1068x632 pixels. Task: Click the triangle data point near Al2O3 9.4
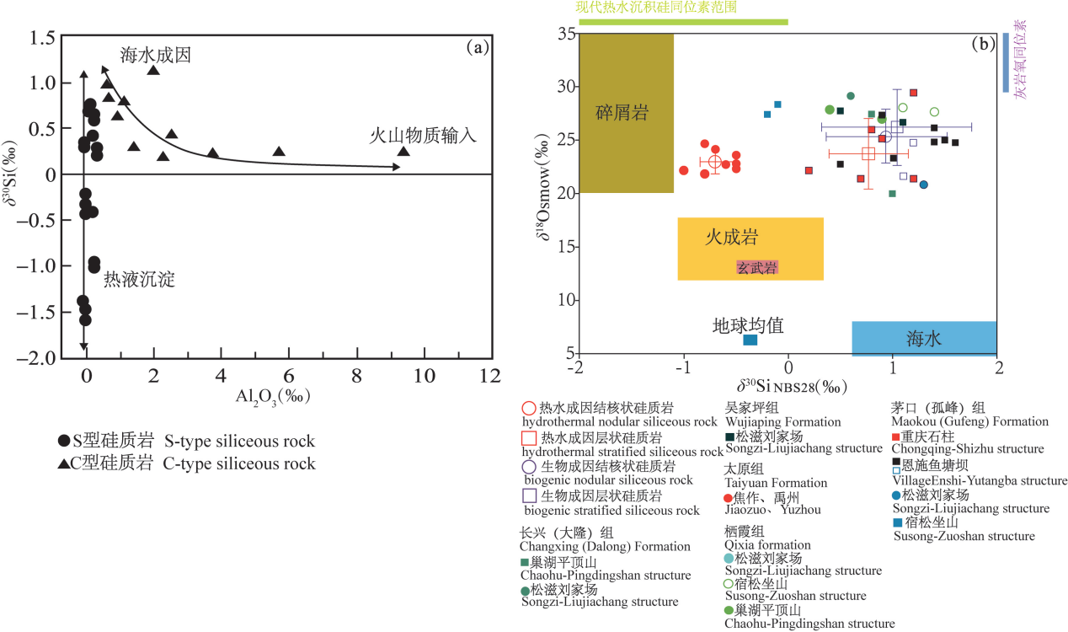[x=403, y=152]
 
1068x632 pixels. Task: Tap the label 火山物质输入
[x=423, y=135]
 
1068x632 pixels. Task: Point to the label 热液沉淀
[x=139, y=280]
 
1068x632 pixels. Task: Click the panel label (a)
[x=478, y=47]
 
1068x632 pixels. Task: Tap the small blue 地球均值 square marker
[x=750, y=340]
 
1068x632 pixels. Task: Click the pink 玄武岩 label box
[x=757, y=267]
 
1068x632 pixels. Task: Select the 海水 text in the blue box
[x=924, y=339]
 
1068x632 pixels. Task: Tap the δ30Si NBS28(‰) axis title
[x=791, y=387]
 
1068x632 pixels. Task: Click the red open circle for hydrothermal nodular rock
[x=529, y=408]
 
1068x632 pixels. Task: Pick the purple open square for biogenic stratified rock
[x=529, y=495]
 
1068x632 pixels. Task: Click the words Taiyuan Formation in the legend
[x=776, y=483]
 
